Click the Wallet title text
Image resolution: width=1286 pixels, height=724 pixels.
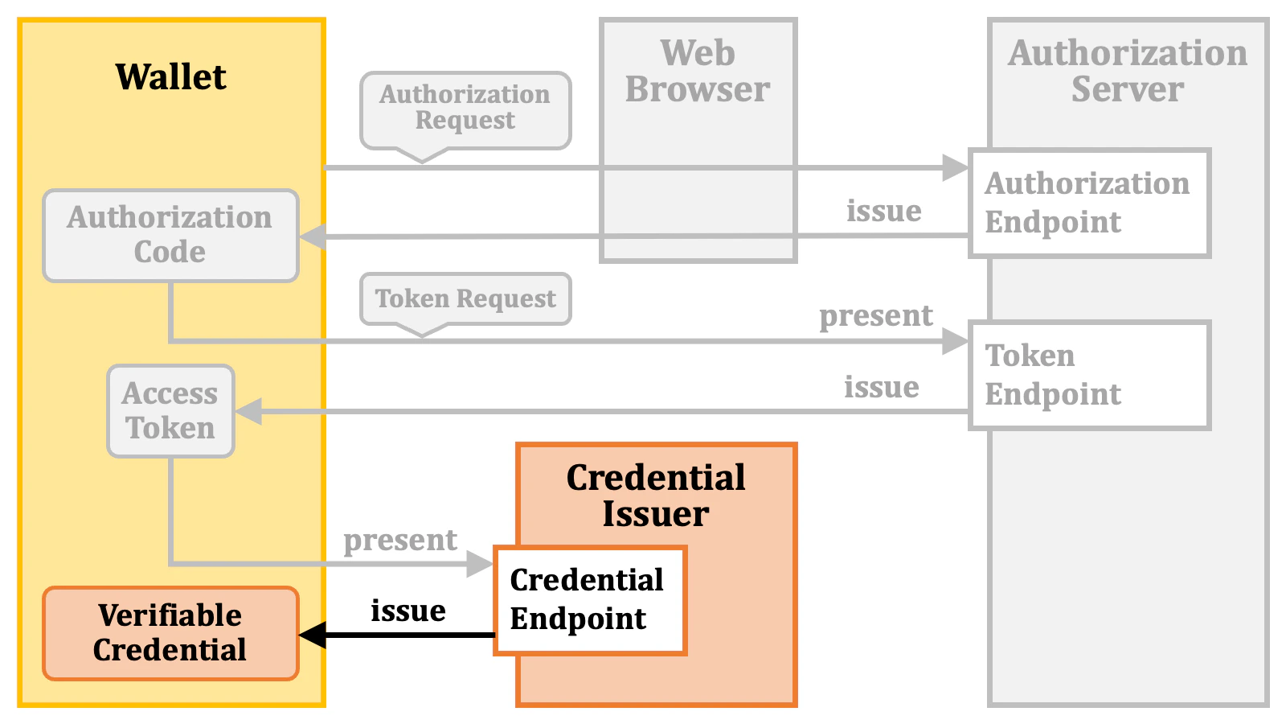(x=170, y=77)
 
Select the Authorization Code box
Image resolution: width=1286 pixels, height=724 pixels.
(x=170, y=235)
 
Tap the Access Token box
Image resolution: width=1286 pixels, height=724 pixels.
(x=170, y=411)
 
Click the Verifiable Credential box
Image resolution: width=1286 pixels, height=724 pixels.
(x=170, y=633)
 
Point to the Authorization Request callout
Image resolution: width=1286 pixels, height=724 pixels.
(x=465, y=109)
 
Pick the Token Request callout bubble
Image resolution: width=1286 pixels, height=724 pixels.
(x=465, y=298)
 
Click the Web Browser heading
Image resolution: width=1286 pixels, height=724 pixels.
(x=698, y=71)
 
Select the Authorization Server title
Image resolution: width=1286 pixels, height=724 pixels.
(x=1128, y=71)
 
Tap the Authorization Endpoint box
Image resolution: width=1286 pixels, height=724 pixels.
(x=1089, y=203)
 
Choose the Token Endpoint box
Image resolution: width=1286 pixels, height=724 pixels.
(x=1089, y=375)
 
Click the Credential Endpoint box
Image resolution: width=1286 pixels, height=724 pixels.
(x=589, y=600)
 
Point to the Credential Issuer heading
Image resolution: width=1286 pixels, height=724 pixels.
(x=656, y=496)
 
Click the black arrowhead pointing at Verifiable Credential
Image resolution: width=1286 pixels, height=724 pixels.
(x=313, y=635)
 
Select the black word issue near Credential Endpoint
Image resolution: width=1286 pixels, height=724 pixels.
(x=408, y=611)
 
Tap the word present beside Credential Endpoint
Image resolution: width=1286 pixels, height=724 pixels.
(x=400, y=541)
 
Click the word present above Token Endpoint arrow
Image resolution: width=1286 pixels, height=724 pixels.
(x=876, y=316)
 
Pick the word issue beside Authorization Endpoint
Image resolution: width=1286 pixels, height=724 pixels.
(x=883, y=211)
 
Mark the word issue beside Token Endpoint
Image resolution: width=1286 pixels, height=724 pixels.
(x=881, y=387)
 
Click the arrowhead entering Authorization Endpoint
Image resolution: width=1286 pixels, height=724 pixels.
(x=956, y=167)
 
